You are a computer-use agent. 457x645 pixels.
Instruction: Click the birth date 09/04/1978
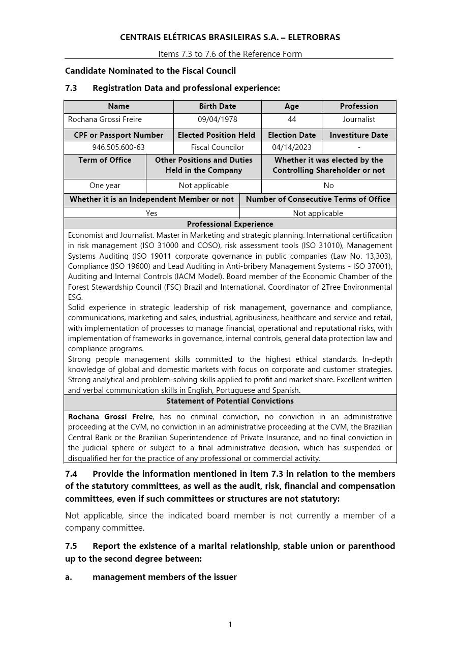point(217,119)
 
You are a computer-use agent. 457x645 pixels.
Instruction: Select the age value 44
point(291,119)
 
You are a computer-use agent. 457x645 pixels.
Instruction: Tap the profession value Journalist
point(359,119)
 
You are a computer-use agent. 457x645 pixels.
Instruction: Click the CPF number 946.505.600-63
point(118,147)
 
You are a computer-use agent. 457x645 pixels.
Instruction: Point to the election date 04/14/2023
point(291,147)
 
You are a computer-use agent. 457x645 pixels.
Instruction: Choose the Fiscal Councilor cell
point(217,147)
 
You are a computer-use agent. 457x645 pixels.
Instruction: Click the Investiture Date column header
point(359,135)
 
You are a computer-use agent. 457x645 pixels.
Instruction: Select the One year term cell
point(105,186)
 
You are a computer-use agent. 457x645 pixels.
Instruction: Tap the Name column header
point(118,106)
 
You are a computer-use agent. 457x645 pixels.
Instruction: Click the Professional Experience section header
point(230,224)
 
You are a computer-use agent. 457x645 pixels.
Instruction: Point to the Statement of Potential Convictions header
point(230,401)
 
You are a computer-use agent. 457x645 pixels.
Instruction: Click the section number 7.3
point(71,88)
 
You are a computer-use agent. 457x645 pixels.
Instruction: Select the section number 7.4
point(71,474)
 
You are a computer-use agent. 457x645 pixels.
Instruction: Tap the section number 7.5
point(71,546)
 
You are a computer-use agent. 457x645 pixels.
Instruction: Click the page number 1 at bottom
point(230,625)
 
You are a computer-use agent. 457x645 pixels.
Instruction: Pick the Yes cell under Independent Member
point(151,213)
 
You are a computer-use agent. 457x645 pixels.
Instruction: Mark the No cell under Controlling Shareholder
point(328,186)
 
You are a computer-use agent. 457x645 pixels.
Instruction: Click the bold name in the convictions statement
point(110,417)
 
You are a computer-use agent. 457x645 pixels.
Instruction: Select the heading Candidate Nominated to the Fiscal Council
point(150,71)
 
